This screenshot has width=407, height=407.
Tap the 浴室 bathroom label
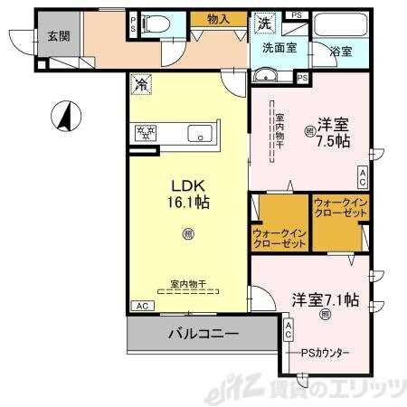341,52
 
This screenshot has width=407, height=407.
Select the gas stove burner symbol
144,134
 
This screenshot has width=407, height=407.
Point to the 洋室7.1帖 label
327,299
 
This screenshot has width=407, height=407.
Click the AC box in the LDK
141,307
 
